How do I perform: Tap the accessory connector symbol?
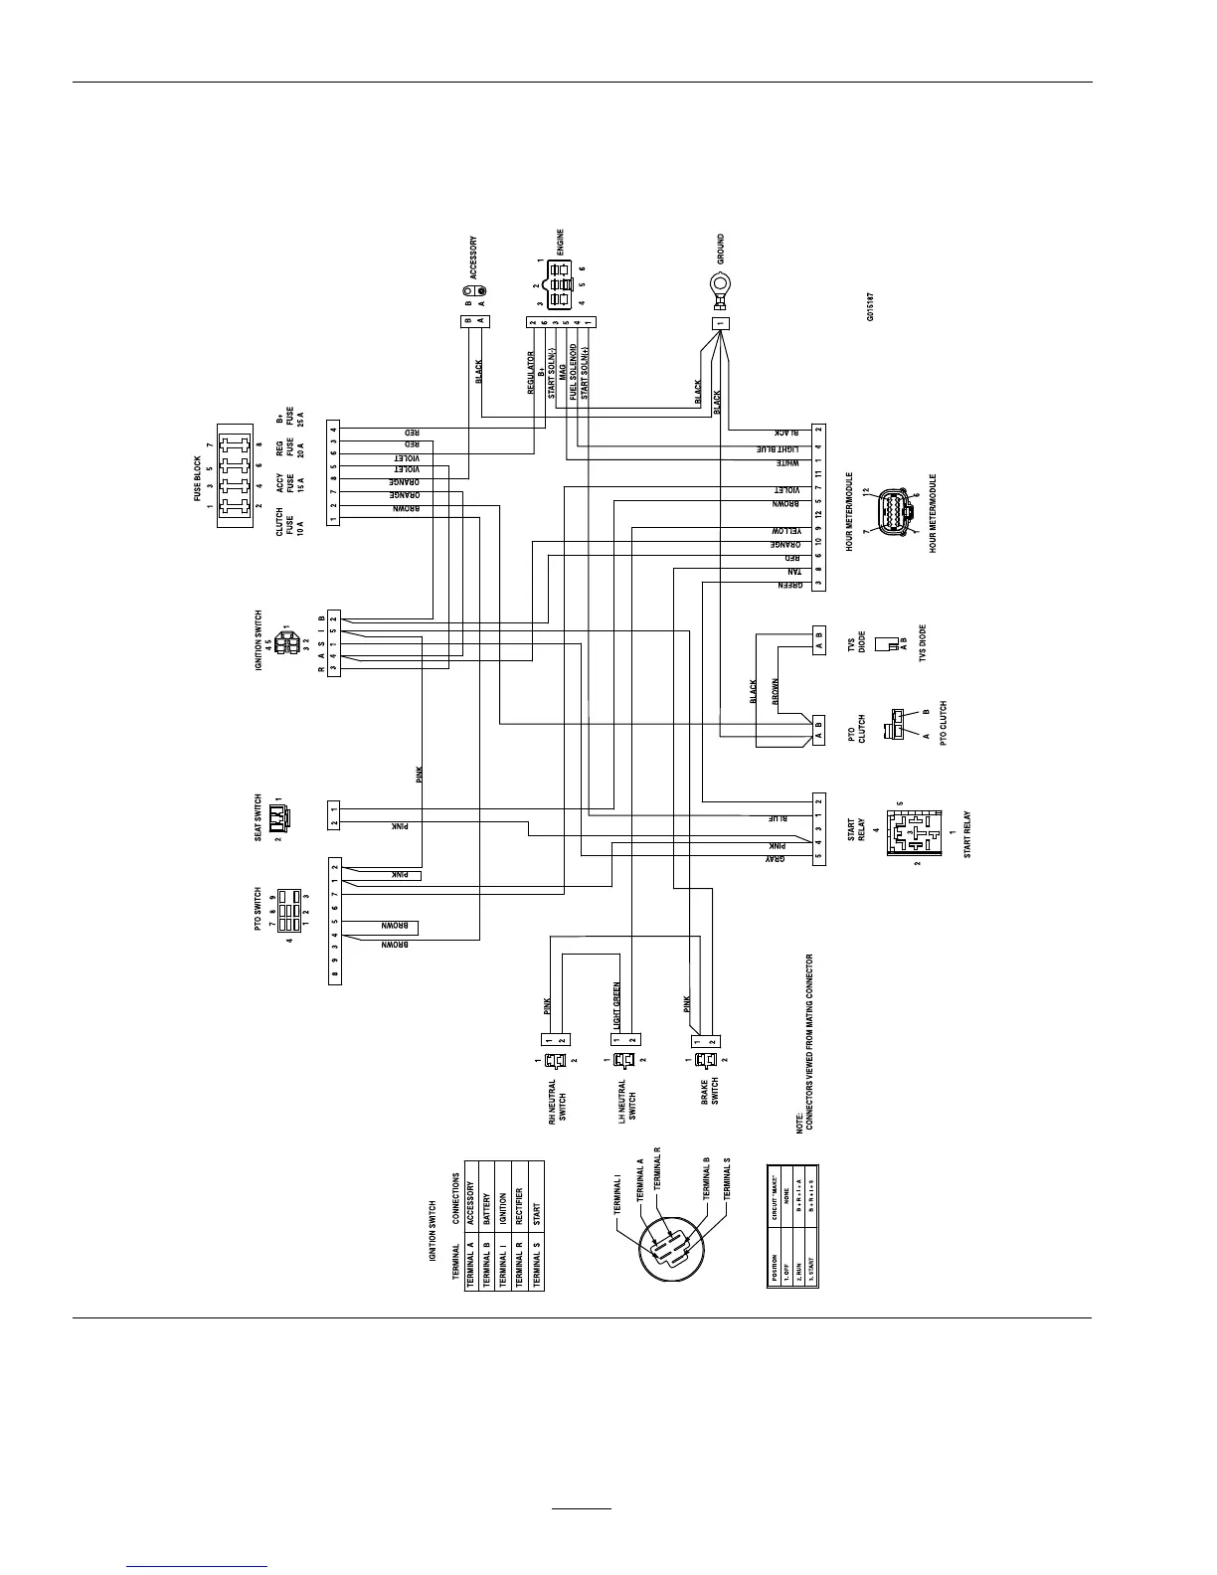tap(473, 296)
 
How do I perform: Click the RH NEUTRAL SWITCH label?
tap(558, 1101)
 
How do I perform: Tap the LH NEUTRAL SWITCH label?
tap(627, 1101)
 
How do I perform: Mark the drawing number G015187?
tap(870, 305)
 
